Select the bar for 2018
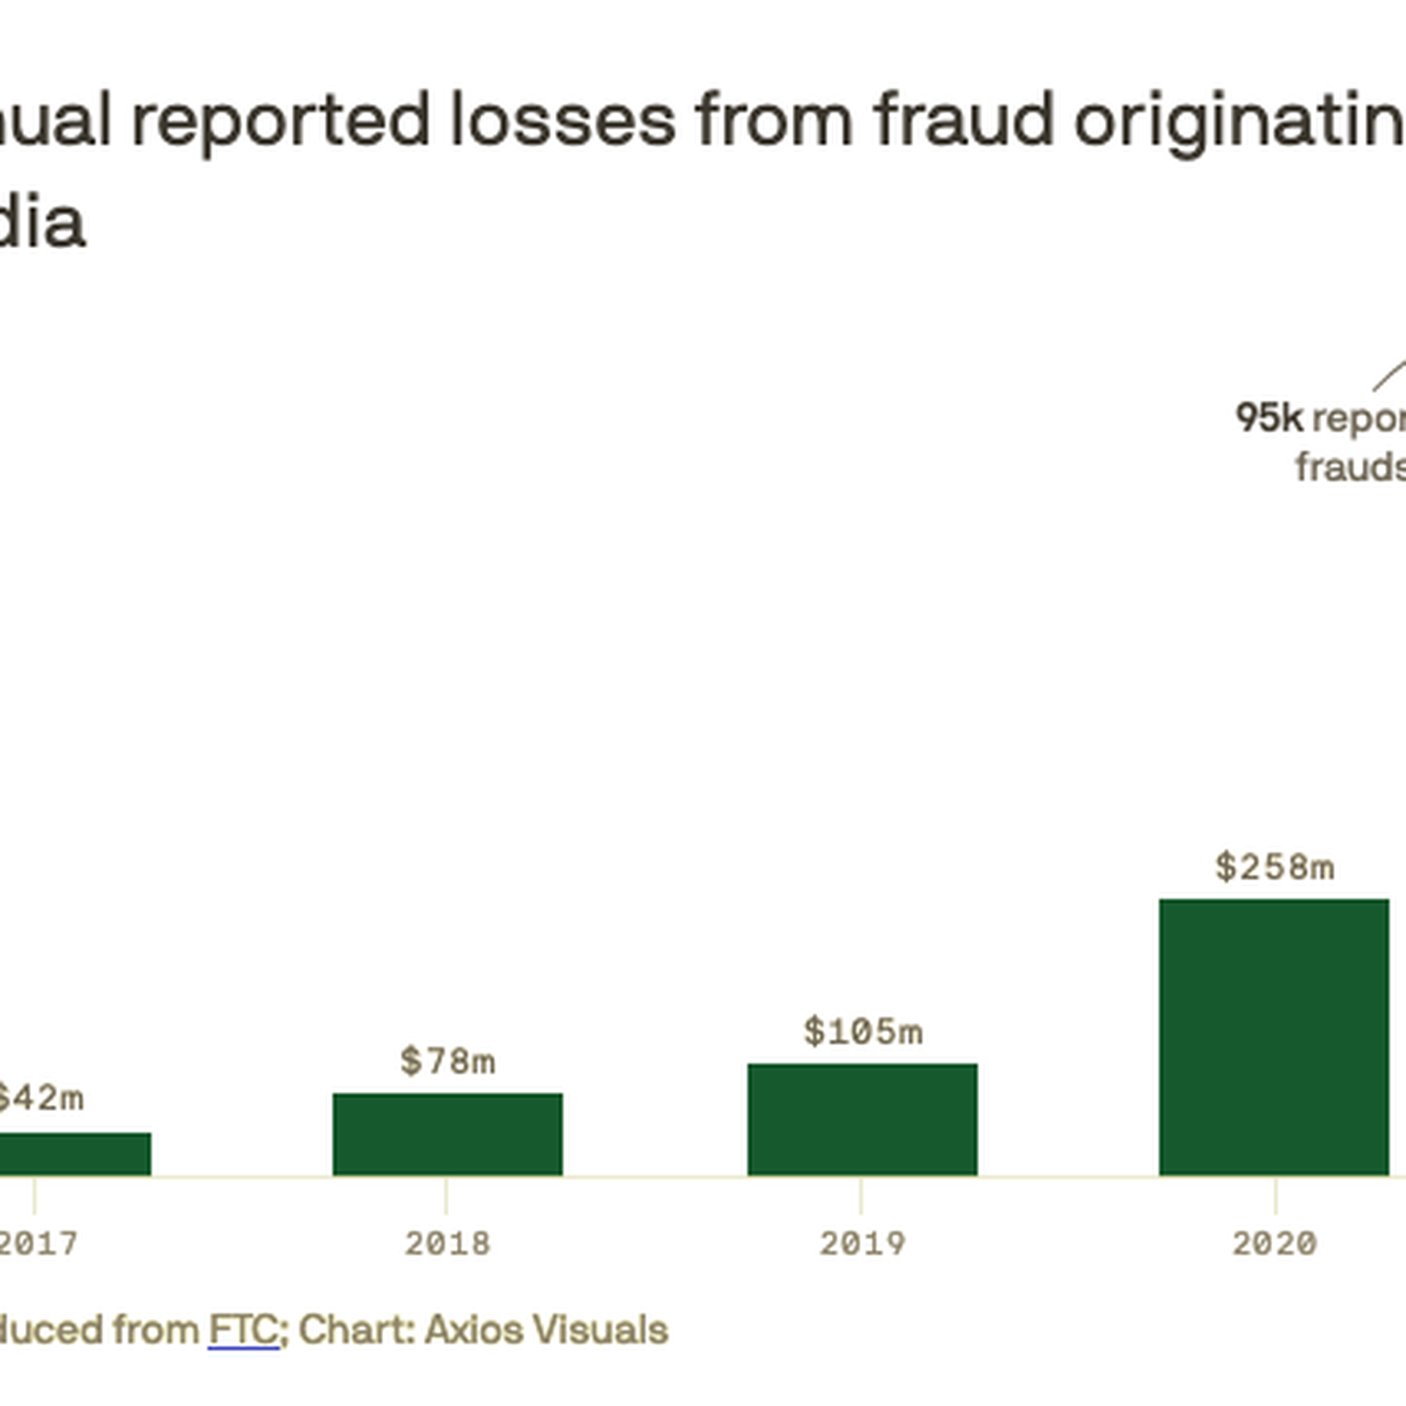447,1134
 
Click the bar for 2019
862,1120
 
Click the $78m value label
447,1062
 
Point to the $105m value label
863,1032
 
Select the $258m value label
1274,868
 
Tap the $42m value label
40,1098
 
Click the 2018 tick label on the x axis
447,1243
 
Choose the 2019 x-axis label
862,1243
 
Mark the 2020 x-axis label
1274,1243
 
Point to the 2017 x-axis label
37,1243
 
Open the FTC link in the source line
243,1330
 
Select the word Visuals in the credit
600,1330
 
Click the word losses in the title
562,121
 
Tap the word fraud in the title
964,121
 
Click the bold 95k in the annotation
1269,418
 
